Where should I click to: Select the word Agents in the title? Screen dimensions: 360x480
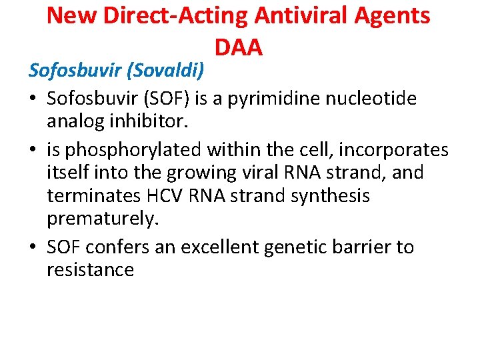click(x=394, y=15)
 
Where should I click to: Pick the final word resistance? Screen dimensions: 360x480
click(x=90, y=270)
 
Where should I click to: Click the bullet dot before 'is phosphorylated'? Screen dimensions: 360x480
click(x=33, y=149)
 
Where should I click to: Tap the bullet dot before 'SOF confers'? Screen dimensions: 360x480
click(x=33, y=247)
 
